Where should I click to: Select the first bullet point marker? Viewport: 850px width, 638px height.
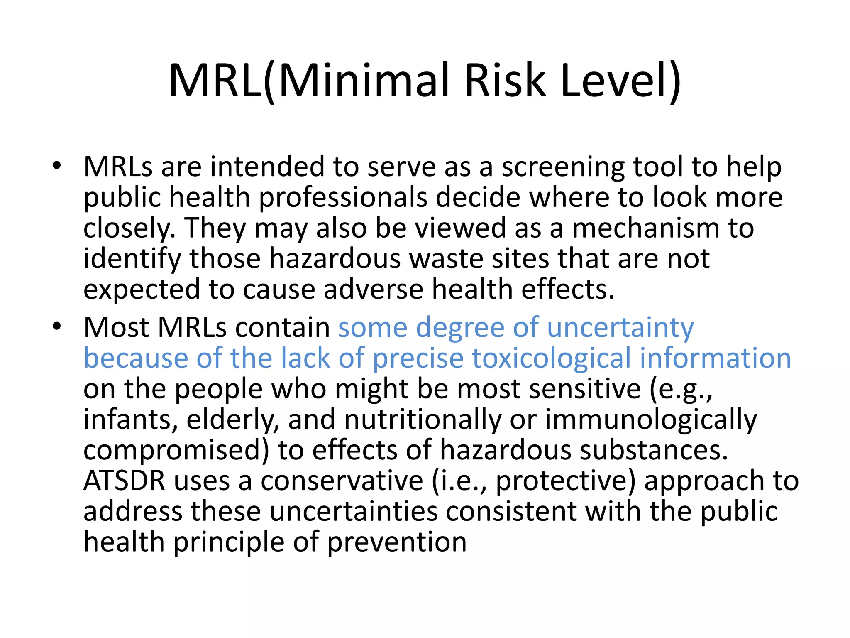[56, 166]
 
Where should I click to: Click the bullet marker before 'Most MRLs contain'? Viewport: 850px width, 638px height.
[56, 326]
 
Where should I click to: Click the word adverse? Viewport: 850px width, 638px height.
[373, 289]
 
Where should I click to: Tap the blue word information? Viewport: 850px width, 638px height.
[716, 358]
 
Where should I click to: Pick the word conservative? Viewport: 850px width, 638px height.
[342, 481]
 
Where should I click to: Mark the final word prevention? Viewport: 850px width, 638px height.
[397, 542]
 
